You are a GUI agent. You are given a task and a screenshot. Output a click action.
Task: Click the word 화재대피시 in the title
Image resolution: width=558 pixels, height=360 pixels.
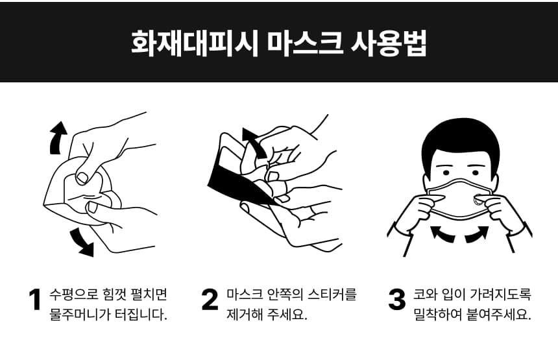(x=194, y=43)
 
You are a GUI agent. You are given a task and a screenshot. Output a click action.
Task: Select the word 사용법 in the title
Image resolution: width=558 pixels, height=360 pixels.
(x=389, y=43)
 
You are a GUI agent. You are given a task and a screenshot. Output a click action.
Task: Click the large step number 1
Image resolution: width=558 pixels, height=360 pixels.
(x=35, y=300)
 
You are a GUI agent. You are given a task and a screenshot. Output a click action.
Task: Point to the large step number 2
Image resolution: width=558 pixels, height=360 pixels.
(x=210, y=300)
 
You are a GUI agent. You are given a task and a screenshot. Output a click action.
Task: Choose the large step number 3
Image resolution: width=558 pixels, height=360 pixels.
(x=397, y=300)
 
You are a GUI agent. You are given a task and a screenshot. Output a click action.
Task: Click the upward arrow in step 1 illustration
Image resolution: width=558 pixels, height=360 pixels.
(x=58, y=138)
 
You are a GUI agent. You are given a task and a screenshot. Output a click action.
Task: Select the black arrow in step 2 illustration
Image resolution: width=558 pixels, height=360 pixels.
(x=254, y=143)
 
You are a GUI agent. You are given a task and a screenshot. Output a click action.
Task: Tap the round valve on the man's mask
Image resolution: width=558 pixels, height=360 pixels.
(x=478, y=200)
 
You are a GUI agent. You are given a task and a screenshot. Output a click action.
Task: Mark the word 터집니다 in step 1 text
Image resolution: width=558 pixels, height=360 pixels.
(x=141, y=315)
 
